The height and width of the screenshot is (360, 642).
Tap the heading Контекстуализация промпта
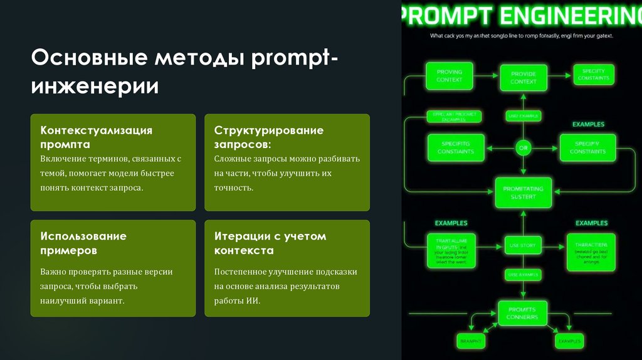pos(97,137)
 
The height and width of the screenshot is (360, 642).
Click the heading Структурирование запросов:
pos(269,137)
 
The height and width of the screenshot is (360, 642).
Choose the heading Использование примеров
pos(83,243)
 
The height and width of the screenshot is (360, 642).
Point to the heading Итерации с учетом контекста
pos(270,243)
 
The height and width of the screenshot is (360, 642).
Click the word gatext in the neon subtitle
pos(601,36)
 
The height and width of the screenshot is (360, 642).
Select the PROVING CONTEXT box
pos(449,76)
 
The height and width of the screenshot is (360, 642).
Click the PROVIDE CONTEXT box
pos(523,78)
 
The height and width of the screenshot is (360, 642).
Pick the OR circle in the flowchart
pos(523,148)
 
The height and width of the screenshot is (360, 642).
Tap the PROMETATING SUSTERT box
pos(523,193)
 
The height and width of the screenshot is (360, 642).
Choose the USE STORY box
pos(523,245)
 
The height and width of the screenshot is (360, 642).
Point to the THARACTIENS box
pos(591,251)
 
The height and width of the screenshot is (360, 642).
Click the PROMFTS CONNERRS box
pos(522,314)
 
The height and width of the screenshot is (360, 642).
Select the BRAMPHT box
pos(470,341)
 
